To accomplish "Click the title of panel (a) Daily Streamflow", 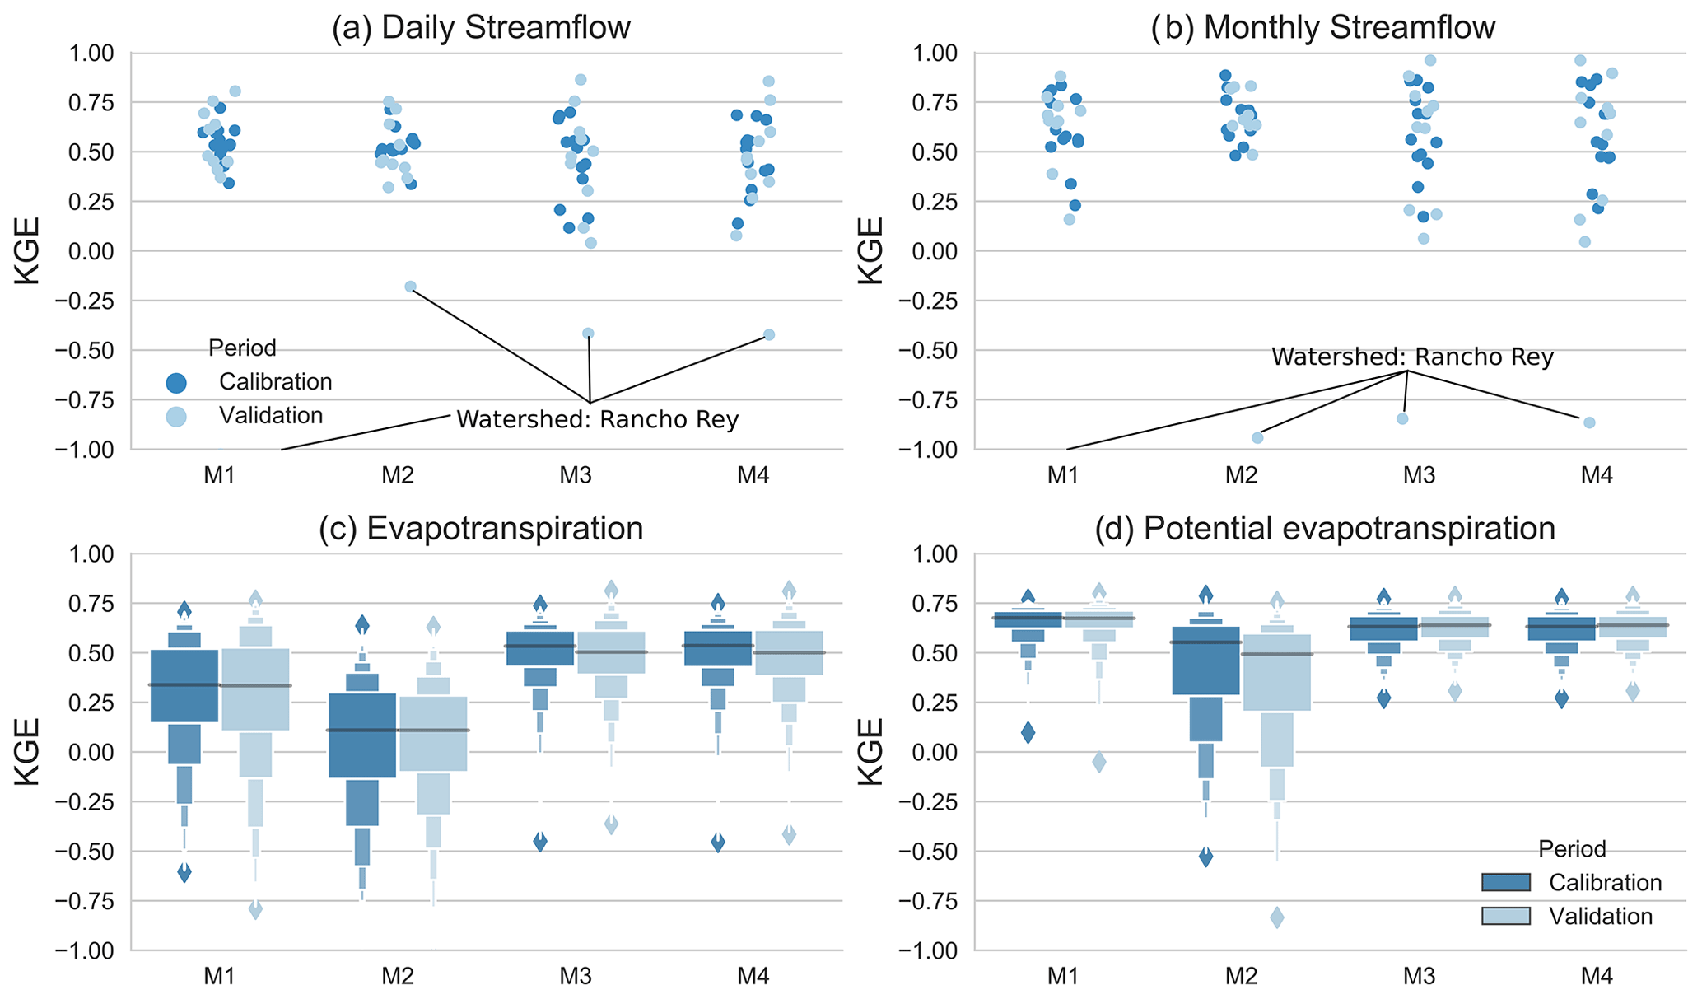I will coord(481,28).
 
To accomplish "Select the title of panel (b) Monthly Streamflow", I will coord(1324,28).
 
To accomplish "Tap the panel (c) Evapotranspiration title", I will coord(481,529).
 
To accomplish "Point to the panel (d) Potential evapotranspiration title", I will coord(1325,529).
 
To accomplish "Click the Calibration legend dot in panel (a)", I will coord(176,383).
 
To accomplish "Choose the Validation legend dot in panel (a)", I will coord(176,417).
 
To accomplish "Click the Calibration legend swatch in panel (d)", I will coord(1505,883).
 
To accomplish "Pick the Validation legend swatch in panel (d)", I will coord(1505,917).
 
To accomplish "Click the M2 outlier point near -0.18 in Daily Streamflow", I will coord(410,287).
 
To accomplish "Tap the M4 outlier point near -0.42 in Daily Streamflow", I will coord(769,334).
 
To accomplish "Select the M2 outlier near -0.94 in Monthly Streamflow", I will coord(1257,437).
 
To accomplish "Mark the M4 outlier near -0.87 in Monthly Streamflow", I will coord(1589,422).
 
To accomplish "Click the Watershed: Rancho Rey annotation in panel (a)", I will coord(598,420).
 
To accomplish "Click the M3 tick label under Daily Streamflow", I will coord(576,475).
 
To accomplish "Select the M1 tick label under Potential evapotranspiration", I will coord(1063,977).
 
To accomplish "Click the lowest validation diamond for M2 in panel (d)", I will coord(1277,917).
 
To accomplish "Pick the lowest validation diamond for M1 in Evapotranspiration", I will coord(255,909).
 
